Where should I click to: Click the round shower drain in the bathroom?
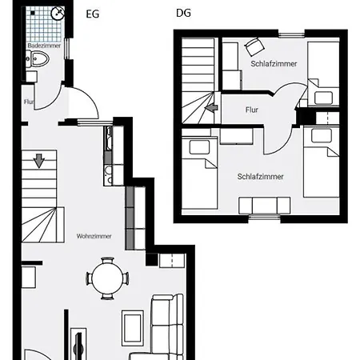[x=58, y=14]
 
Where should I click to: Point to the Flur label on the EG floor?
[x=29, y=102]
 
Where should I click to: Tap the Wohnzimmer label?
[x=94, y=236]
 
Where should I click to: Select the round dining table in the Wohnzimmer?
[x=107, y=278]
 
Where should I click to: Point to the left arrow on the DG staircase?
[x=210, y=109]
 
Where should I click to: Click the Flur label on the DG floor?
[x=251, y=110]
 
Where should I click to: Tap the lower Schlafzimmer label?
[x=260, y=177]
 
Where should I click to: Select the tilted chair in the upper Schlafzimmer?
[x=254, y=46]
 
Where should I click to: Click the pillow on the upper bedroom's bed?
[x=323, y=98]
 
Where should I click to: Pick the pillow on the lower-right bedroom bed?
[x=322, y=134]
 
